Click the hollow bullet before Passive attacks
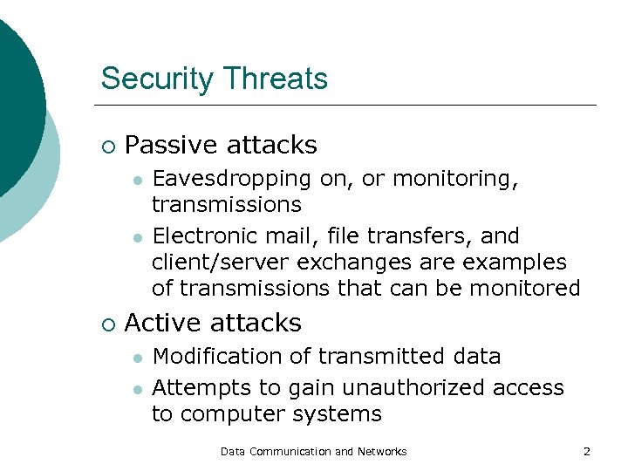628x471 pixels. [x=106, y=145]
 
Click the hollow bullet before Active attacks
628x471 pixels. [x=106, y=324]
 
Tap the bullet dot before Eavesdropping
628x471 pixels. [x=137, y=180]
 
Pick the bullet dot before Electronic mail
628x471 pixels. [x=137, y=236]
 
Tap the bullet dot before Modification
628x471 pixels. [x=137, y=357]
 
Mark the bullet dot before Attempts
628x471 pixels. [x=137, y=388]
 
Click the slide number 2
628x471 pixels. [x=586, y=451]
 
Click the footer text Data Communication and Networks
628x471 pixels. [x=313, y=451]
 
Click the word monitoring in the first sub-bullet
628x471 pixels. [x=454, y=179]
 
